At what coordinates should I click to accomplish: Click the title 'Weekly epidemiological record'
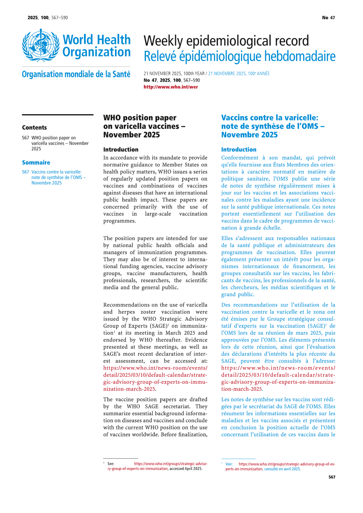pyautogui.click(x=226, y=41)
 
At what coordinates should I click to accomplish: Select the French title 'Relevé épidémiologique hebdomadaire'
pyautogui.click(x=239, y=56)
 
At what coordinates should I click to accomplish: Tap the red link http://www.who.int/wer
pyautogui.click(x=171, y=87)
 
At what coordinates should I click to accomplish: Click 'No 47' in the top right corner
pyautogui.click(x=328, y=18)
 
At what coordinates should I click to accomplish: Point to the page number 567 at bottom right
pyautogui.click(x=332, y=477)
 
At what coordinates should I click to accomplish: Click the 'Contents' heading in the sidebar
pyautogui.click(x=34, y=128)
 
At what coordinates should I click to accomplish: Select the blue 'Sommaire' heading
pyautogui.click(x=36, y=163)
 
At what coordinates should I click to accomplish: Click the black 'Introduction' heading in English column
pyautogui.click(x=121, y=149)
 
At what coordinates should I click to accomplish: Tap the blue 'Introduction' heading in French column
pyautogui.click(x=239, y=149)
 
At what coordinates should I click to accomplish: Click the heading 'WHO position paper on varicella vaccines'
pyautogui.click(x=144, y=126)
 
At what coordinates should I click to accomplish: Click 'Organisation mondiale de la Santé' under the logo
pyautogui.click(x=76, y=74)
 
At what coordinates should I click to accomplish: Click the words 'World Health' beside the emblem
pyautogui.click(x=97, y=40)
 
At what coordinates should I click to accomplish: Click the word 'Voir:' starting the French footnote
pyautogui.click(x=229, y=464)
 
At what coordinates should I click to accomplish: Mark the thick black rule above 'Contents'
pyautogui.click(x=57, y=115)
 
